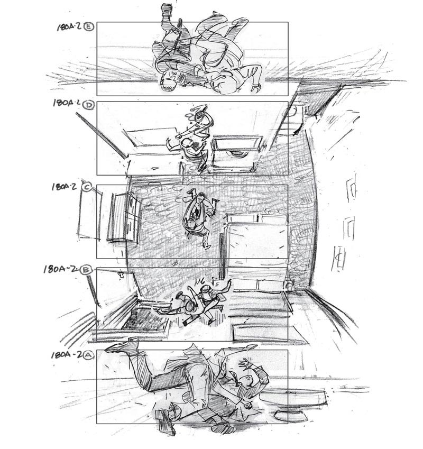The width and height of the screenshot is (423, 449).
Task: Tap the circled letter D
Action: (x=88, y=105)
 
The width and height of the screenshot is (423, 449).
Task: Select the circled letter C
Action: (x=87, y=187)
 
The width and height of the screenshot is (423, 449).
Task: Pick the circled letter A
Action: (x=88, y=355)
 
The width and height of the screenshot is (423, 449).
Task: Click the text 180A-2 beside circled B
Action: (x=62, y=269)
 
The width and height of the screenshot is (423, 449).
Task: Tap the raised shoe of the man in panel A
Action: (x=123, y=346)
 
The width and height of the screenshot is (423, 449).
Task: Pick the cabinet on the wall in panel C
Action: (x=123, y=217)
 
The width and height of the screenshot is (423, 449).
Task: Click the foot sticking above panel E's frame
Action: (x=167, y=12)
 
